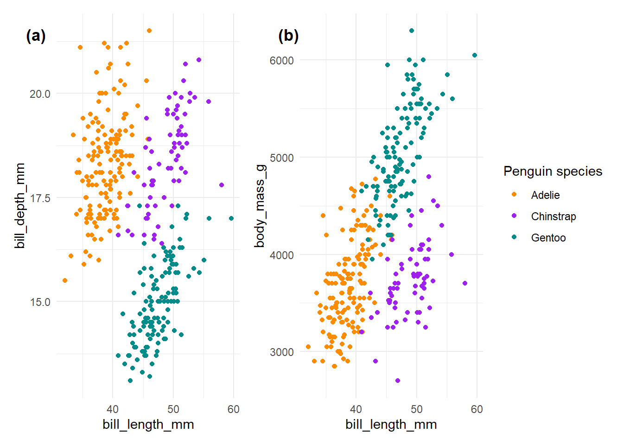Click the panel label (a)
point(36,36)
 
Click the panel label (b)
point(288,36)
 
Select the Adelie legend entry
point(545,195)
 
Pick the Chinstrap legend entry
point(553,216)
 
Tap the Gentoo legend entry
point(548,238)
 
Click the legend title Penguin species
point(553,172)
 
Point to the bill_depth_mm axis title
point(20,206)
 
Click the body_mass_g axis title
point(260,206)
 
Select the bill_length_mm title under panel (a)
point(148,425)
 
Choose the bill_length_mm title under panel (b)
point(391,425)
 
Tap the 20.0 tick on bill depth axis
point(40,94)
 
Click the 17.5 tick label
point(40,198)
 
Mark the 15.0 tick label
point(40,302)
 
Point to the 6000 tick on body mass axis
point(282,61)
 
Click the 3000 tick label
point(282,352)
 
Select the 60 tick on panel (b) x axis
point(477,409)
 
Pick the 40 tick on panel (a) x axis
point(113,409)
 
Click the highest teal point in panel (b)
point(412,31)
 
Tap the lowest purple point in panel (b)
point(398,381)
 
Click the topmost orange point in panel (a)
point(149,31)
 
